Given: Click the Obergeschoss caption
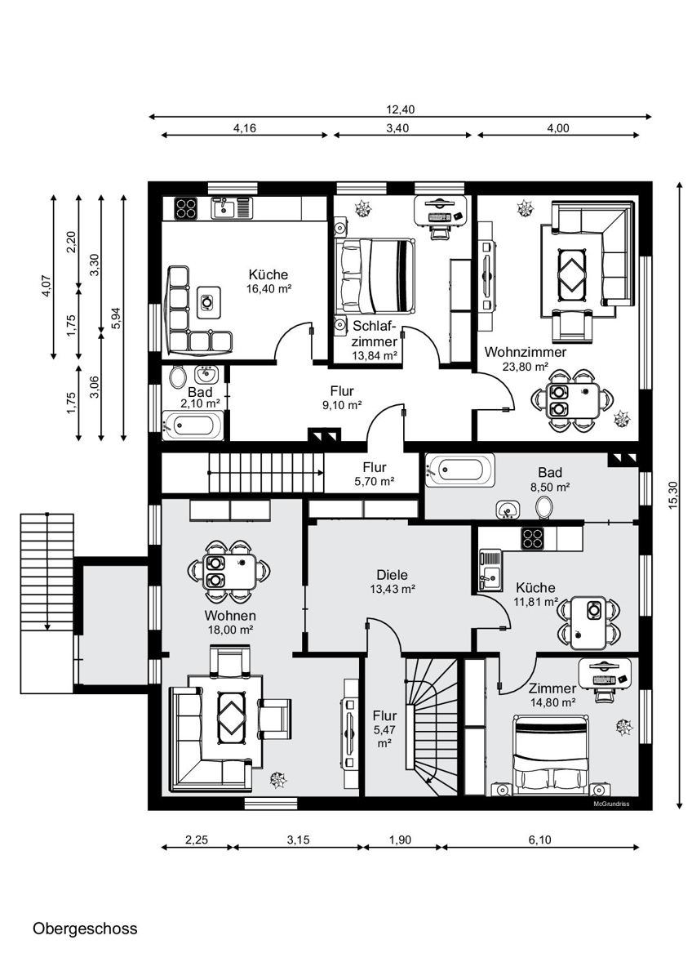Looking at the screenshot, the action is coord(85,929).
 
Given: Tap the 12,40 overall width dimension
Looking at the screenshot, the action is coord(400,109).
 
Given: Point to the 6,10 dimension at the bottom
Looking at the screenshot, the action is coord(540,840).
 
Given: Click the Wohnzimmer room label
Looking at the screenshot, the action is coord(526,352).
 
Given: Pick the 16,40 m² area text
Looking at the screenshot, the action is coord(268,289).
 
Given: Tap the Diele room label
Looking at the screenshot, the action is coord(393,575).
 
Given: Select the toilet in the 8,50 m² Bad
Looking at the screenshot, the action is coord(544,506).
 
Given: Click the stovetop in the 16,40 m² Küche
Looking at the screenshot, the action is coord(186,207).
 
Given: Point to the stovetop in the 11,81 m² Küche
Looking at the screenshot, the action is coord(532,538).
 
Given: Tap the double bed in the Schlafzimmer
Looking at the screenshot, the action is coord(375,276).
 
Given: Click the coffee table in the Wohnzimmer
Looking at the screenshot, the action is coord(572,274).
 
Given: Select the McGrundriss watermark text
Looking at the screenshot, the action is coord(611,804).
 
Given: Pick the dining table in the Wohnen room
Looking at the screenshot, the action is coord(229,572).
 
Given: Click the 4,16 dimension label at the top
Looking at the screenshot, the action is coord(244,128).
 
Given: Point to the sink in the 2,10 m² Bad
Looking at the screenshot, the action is coord(206,375).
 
